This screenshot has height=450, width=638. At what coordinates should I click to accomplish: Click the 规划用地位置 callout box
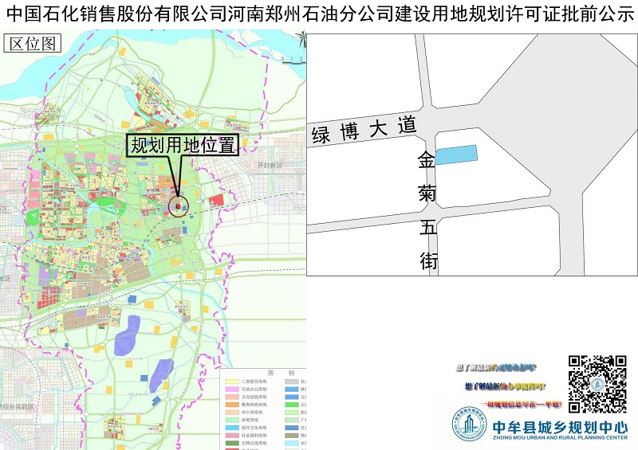click(x=183, y=145)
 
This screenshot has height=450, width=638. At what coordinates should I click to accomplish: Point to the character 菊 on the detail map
click(x=427, y=194)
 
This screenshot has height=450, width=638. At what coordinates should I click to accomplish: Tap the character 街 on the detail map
click(x=428, y=260)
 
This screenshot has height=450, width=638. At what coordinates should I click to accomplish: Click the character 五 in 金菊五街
click(x=427, y=227)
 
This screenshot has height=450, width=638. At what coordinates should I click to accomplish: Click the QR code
click(x=597, y=384)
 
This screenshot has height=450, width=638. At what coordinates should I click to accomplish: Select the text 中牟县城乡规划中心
click(x=560, y=426)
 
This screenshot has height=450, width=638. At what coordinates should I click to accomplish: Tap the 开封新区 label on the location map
click(x=270, y=165)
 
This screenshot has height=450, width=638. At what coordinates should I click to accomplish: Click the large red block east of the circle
click(x=216, y=200)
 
